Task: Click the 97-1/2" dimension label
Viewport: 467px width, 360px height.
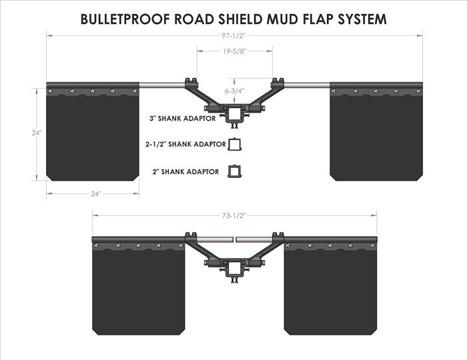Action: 233,36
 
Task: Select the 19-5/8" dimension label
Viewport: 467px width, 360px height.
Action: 234,51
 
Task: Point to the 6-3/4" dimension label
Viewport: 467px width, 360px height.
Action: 234,91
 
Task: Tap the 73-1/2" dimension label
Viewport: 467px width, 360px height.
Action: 233,215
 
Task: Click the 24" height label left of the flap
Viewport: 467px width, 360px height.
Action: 37,133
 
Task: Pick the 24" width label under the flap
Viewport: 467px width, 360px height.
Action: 96,194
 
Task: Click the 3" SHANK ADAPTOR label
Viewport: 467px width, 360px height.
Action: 183,119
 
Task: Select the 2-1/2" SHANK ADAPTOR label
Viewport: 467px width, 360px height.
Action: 185,144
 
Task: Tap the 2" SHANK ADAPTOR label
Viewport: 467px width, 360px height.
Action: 186,172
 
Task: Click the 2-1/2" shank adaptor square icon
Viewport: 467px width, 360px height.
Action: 235,145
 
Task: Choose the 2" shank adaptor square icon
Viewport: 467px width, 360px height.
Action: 235,171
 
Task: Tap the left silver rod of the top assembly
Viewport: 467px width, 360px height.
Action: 162,85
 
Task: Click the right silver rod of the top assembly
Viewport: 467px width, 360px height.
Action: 307,85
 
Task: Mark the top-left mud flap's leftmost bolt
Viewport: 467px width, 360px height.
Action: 50,91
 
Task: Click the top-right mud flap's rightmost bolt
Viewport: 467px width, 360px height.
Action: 418,91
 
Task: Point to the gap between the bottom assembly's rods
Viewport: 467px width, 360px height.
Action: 235,240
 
